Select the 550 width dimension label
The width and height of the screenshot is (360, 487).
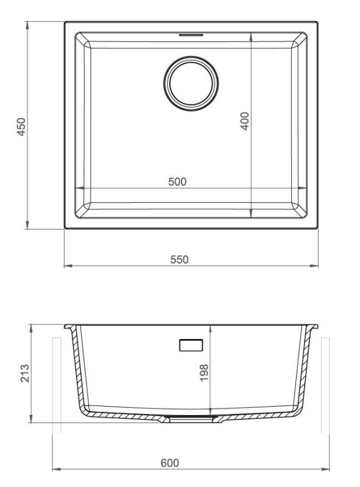tap(178, 259)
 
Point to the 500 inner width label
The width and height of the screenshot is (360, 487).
tap(177, 181)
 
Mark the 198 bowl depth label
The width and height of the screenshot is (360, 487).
tap(203, 371)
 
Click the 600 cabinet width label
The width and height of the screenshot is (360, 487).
tap(169, 463)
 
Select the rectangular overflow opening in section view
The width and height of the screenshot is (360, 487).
tap(191, 345)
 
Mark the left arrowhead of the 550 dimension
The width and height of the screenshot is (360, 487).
tap(67, 266)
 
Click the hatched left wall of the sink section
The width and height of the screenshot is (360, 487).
tap(78, 368)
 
